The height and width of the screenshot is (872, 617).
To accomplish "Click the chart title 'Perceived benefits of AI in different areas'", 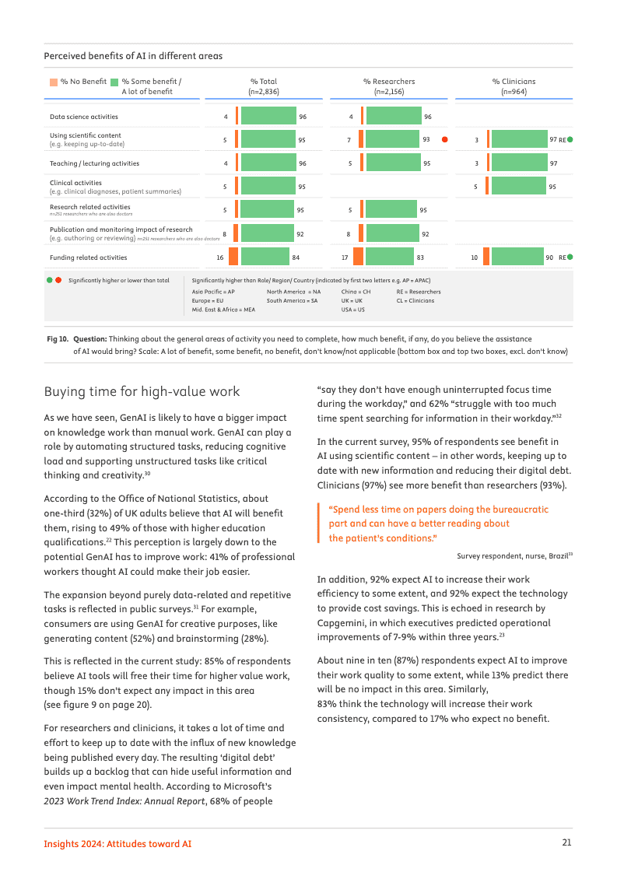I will coord(133,56).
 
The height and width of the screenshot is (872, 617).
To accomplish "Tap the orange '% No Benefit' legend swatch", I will coord(53,82).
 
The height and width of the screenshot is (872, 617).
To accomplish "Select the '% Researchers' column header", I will coord(389,82).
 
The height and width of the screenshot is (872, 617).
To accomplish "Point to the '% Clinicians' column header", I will coord(514,82).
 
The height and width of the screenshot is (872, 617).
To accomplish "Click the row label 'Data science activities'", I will coord(84,117).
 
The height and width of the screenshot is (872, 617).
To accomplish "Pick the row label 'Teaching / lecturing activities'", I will coord(95,163).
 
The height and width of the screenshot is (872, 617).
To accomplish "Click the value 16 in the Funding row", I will coord(220,257).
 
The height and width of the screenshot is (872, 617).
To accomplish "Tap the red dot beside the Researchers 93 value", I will coord(444,140).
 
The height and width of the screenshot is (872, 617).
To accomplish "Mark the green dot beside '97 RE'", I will coord(570,140).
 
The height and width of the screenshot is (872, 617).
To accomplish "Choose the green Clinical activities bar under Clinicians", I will coord(519,187).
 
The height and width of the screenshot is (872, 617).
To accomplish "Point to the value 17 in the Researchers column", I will coord(345,257).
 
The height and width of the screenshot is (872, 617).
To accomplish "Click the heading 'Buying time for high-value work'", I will coord(142,391).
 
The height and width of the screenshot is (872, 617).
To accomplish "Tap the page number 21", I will coord(567,843).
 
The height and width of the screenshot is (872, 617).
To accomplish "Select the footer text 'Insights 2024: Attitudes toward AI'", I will coord(117,843).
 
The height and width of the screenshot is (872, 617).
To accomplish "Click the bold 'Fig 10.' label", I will coord(58,339).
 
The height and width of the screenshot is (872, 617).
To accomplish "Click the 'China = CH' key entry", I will coord(356,292).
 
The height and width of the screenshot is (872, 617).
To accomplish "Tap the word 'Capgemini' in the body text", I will coord(342,622).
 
